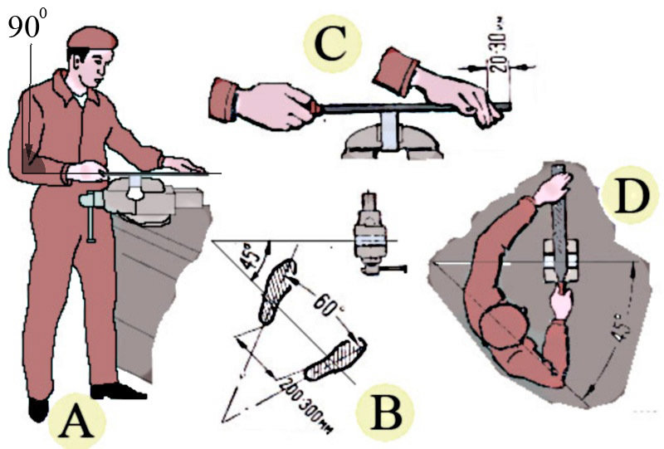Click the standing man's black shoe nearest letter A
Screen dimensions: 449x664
pyautogui.click(x=39, y=408)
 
